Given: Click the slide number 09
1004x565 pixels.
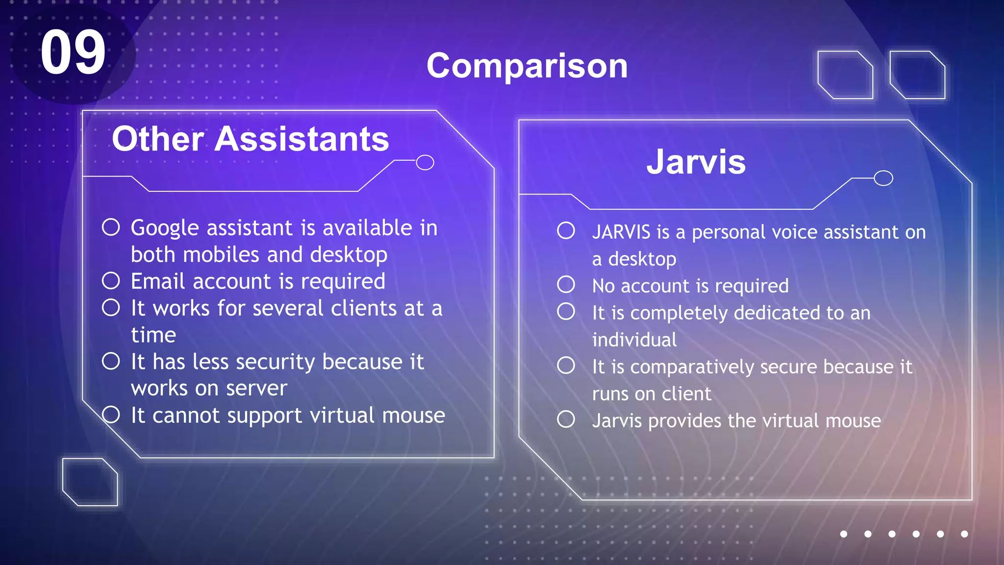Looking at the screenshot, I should tap(73, 52).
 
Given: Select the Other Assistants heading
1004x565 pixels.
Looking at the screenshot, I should tap(250, 139).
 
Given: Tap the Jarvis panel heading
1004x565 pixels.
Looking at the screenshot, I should tap(696, 161).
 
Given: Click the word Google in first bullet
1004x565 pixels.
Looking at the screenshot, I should tap(165, 229).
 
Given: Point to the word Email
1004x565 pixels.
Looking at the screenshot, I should tap(158, 282).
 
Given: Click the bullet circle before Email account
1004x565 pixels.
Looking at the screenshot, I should tap(111, 281).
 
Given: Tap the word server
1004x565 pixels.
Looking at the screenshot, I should tap(256, 388).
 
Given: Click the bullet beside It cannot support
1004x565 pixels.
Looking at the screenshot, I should tap(111, 414).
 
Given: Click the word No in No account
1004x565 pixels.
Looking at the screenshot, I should tap(603, 286).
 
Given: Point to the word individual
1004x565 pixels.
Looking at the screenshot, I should tap(634, 340).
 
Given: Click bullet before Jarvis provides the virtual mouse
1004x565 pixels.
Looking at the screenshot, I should tap(566, 419).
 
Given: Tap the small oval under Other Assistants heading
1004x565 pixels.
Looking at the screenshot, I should tap(425, 162).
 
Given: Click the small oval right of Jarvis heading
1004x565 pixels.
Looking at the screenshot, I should tap(883, 178).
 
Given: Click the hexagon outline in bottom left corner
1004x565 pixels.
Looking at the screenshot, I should tap(90, 482).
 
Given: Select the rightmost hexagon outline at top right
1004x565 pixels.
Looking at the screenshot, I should tap(917, 75).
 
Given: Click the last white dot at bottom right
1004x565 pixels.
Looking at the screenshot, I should tap(964, 534).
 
